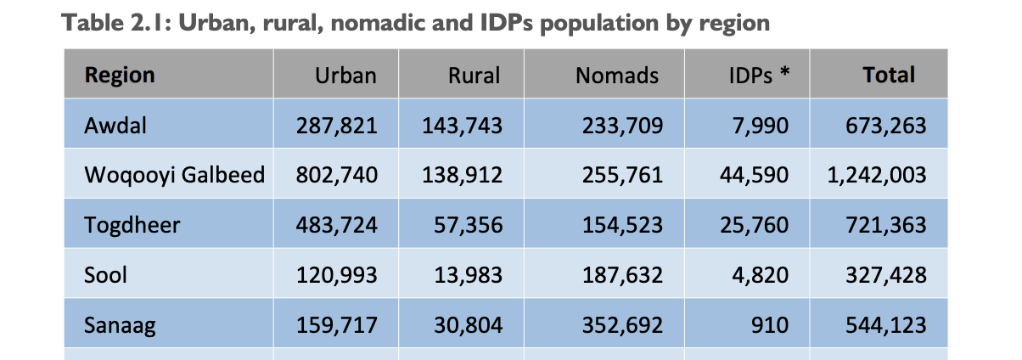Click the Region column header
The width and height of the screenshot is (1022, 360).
[120, 75]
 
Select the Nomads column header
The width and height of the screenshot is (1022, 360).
[617, 76]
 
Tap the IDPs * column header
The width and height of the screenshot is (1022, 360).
[759, 76]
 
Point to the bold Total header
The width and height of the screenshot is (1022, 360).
[889, 75]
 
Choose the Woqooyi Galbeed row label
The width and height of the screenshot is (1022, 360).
[174, 176]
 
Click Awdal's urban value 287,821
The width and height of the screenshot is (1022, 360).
[336, 126]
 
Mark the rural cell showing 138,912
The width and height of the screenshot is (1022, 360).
[463, 176]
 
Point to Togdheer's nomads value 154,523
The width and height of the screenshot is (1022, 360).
[622, 226]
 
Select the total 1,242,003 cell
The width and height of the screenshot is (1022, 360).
[876, 176]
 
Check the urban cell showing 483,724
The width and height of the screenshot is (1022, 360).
[336, 226]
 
